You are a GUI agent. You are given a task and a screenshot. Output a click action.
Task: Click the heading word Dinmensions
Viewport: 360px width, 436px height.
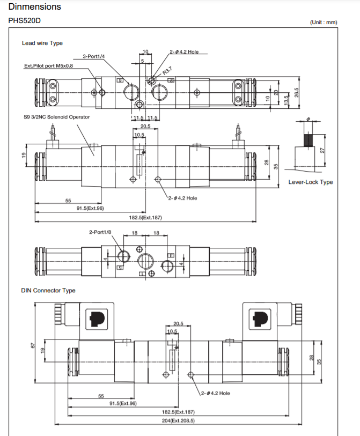pos(35,7)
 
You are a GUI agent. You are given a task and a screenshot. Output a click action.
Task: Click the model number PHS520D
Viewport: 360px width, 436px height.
pos(25,21)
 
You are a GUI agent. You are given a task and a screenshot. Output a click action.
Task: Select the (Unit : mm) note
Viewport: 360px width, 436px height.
pos(323,23)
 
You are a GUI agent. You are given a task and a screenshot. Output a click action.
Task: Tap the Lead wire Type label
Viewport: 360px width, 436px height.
pos(42,43)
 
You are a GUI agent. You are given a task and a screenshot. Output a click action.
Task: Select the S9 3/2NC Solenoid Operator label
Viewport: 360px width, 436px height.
pos(56,116)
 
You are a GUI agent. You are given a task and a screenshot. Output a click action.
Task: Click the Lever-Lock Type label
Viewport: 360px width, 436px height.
pos(311,182)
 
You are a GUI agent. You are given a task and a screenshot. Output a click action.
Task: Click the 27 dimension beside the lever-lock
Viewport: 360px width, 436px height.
pos(323,151)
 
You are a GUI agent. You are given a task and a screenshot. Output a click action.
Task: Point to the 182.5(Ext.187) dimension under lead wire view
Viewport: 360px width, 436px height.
pos(145,217)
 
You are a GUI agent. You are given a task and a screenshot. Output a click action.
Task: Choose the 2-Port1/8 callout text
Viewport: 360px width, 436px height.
pos(100,232)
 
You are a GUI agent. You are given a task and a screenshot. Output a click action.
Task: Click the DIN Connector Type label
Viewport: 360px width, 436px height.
pos(48,290)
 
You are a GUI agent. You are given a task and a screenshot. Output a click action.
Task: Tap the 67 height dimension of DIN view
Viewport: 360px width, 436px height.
pos(32,346)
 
